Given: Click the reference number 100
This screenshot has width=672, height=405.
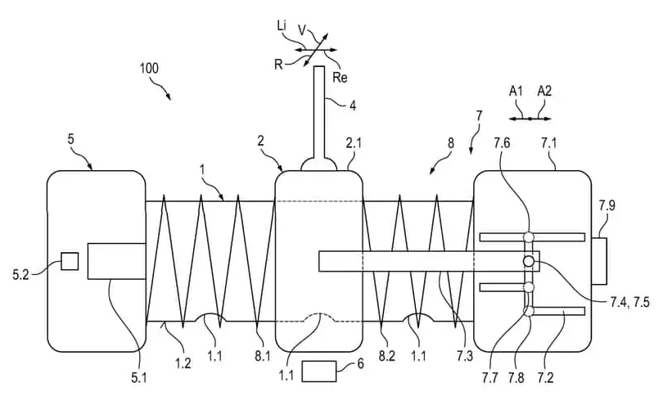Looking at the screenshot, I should (x=149, y=69).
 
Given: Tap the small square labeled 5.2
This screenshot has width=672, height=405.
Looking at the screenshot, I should (x=70, y=261).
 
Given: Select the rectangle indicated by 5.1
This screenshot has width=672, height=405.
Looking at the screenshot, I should (x=110, y=261).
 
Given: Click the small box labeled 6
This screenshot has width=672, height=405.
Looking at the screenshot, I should (x=319, y=371).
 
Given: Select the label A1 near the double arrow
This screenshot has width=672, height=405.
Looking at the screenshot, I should (x=516, y=92).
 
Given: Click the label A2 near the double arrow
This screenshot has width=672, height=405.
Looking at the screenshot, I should (x=544, y=92).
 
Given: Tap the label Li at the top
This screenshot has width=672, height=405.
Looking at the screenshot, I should (x=282, y=28).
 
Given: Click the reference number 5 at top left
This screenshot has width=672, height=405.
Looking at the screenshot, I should (x=71, y=139).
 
